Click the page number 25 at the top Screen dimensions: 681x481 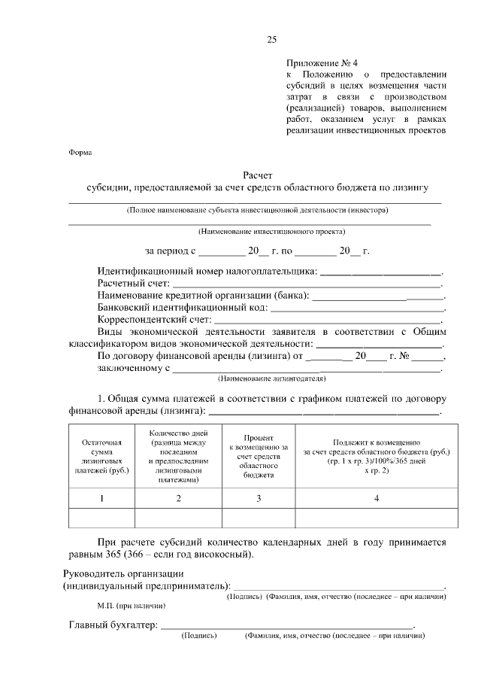click(x=271, y=40)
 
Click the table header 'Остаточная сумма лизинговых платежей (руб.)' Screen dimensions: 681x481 click(x=101, y=456)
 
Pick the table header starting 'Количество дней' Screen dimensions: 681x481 click(x=178, y=456)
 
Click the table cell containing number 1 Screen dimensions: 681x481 click(x=101, y=498)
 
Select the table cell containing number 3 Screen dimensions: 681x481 click(x=258, y=498)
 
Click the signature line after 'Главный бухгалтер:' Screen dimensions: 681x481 click(x=286, y=625)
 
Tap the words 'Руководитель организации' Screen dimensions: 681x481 click(x=120, y=573)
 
